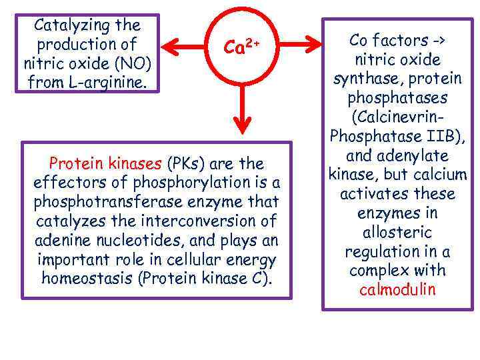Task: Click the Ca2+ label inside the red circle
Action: [241, 46]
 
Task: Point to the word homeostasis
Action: [87, 278]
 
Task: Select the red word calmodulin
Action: [397, 290]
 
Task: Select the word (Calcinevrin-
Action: [397, 117]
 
